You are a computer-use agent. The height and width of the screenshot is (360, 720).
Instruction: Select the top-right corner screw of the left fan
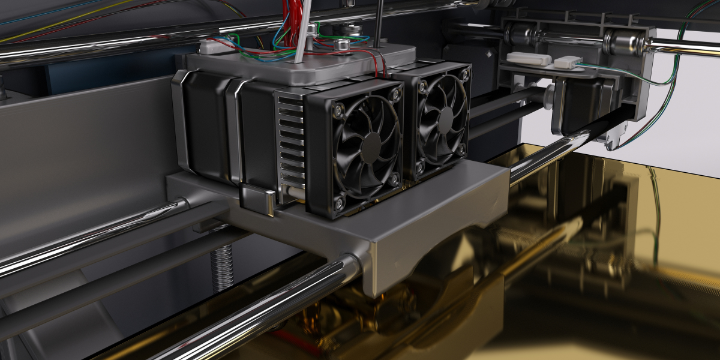395,95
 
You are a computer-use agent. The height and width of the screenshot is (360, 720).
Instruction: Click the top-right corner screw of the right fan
464,74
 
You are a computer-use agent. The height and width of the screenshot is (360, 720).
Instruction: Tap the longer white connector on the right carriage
528,58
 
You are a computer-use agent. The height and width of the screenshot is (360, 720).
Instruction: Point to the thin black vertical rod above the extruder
379,24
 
